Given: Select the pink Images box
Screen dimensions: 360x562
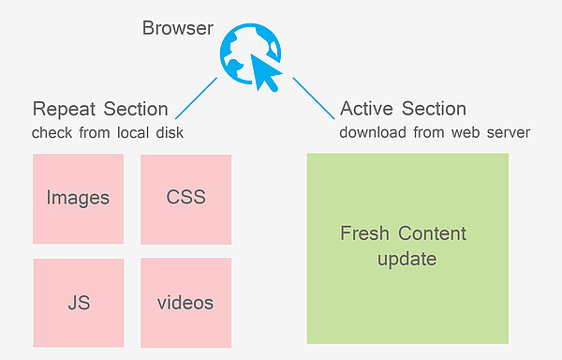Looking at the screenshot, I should tap(78, 198).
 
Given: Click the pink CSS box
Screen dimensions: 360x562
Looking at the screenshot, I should tap(185, 198).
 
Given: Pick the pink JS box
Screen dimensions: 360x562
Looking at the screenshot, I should tap(78, 303).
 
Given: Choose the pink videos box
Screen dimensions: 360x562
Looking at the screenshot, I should tap(185, 303).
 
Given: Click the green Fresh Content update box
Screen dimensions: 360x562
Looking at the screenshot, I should tap(407, 247).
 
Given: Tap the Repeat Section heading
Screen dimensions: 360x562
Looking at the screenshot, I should tap(100, 109).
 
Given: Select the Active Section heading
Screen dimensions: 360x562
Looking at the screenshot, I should tap(403, 109).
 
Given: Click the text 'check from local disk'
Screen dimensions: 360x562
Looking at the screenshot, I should tap(107, 132).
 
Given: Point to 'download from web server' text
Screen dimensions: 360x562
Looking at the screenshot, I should tap(435, 132).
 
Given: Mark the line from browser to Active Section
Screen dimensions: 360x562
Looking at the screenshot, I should tap(314, 97).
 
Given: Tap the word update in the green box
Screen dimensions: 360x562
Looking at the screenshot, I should tap(407, 258).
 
